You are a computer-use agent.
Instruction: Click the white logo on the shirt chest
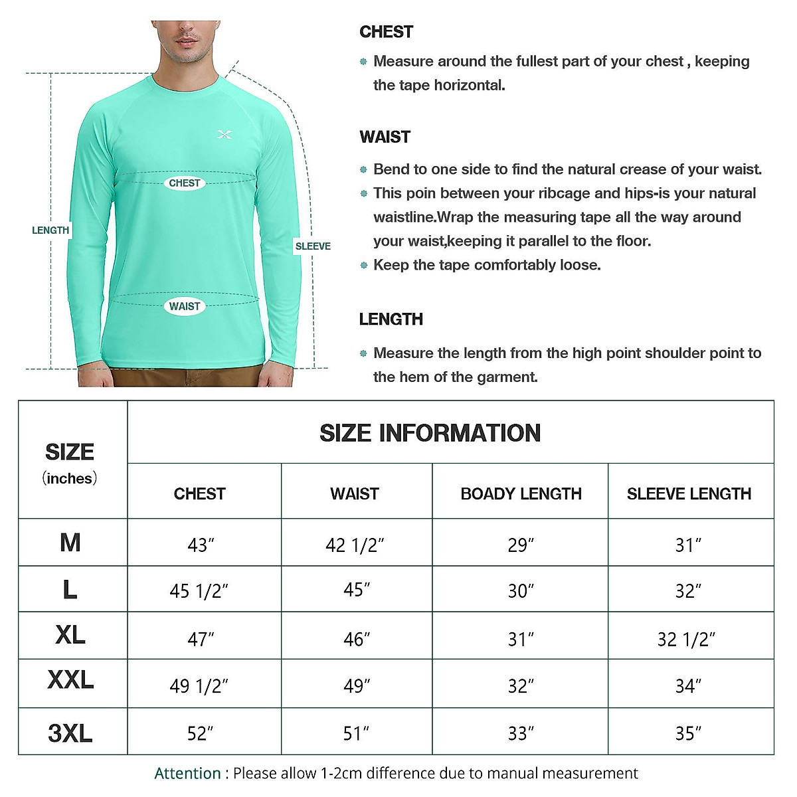coord(224,135)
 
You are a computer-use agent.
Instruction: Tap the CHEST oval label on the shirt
coord(185,183)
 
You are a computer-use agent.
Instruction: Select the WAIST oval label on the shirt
coord(185,306)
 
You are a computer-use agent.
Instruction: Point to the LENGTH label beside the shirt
coord(50,230)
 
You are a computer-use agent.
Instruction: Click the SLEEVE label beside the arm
coord(313,246)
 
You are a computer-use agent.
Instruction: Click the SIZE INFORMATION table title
coord(430,433)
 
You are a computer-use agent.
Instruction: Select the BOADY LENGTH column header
coord(521,494)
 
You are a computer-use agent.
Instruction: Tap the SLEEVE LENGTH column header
coord(689,494)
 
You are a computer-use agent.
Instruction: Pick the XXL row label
coord(70,680)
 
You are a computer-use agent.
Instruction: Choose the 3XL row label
coord(70,733)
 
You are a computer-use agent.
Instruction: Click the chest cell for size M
coord(201,545)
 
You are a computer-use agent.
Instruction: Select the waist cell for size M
coord(355,545)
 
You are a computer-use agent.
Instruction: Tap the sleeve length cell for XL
coord(686,639)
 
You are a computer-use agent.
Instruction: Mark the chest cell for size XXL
coord(199,685)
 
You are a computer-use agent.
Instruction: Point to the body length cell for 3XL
coord(521,733)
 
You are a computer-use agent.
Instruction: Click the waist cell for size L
coord(357,590)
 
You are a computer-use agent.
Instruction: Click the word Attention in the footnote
coord(187,774)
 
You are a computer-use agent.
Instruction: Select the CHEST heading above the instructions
coord(386,32)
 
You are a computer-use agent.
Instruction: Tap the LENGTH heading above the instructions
coord(391,319)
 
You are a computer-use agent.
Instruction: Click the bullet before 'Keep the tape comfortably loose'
coord(363,266)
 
